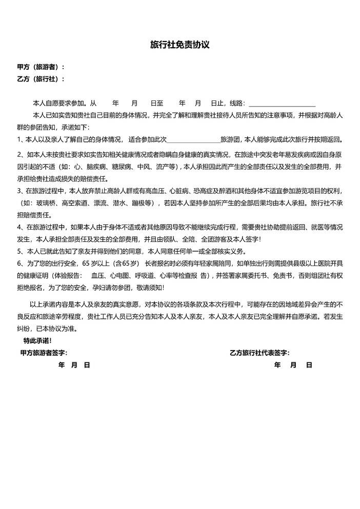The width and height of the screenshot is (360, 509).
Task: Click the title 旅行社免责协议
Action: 179,45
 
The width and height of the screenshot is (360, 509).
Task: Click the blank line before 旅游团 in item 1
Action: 193,139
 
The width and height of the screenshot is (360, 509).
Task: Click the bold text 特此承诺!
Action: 37,340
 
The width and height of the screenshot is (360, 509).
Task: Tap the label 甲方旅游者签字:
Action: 44,353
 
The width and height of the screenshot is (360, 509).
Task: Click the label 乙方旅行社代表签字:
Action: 260,353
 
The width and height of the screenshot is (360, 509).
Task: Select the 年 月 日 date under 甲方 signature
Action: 74,365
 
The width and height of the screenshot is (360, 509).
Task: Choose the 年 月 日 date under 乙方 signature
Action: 293,365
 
